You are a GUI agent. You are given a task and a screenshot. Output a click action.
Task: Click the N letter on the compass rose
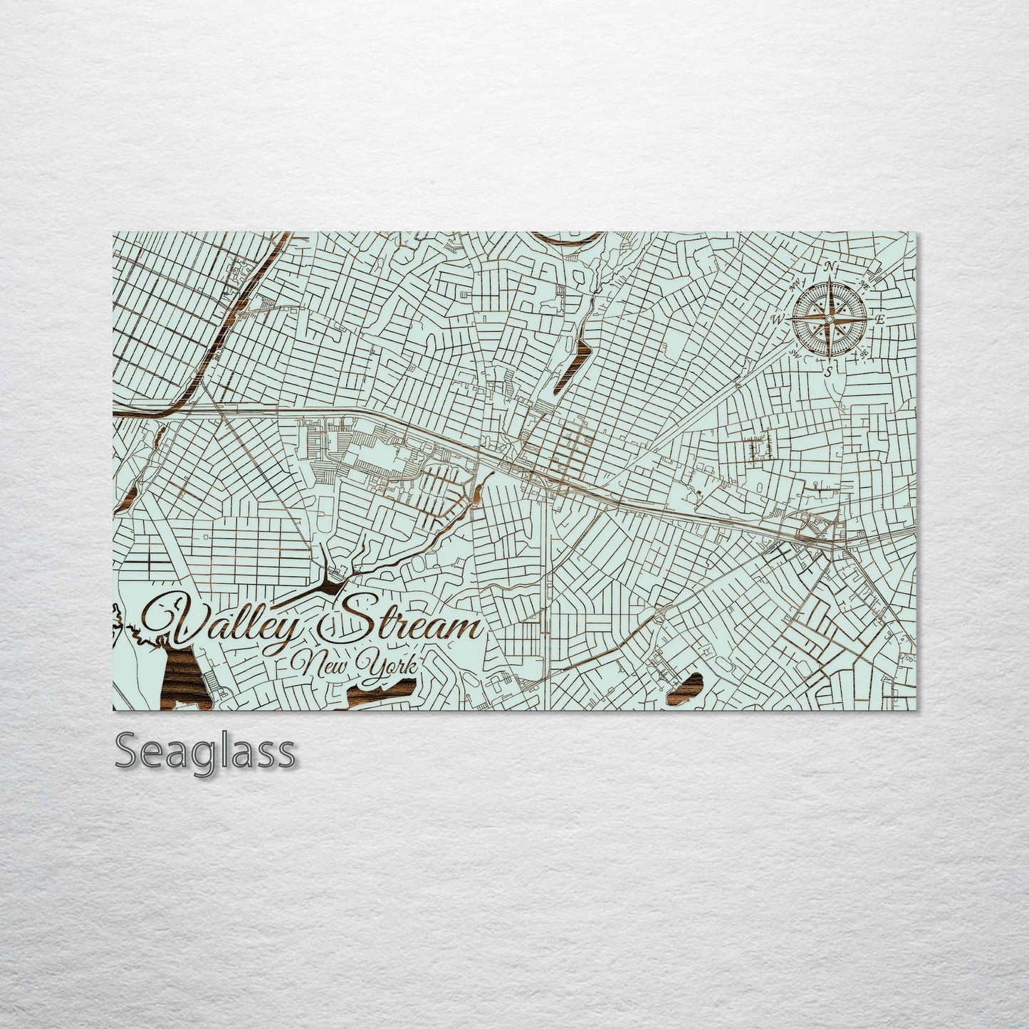click(830, 267)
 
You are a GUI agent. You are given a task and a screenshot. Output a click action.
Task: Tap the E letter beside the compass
click(880, 319)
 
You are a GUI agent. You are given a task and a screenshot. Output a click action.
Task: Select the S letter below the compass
click(827, 371)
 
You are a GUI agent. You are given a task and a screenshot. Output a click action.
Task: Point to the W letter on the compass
click(776, 320)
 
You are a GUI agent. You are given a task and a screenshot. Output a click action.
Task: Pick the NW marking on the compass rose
click(795, 286)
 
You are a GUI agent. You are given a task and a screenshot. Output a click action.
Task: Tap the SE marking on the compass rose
click(864, 354)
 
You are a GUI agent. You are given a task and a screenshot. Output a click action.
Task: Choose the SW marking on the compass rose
click(795, 352)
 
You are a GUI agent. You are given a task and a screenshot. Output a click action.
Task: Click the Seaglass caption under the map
click(204, 751)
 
